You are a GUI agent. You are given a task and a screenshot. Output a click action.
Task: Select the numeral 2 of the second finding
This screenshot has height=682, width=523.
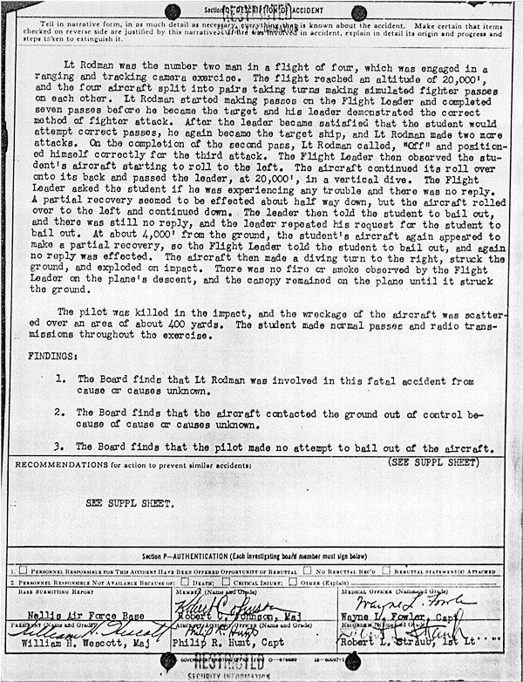(x=59, y=413)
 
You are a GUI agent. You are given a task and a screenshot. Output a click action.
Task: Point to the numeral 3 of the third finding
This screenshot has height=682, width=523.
(x=59, y=447)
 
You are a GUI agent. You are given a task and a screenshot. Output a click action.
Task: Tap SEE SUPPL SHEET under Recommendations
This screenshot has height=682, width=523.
(x=128, y=504)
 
